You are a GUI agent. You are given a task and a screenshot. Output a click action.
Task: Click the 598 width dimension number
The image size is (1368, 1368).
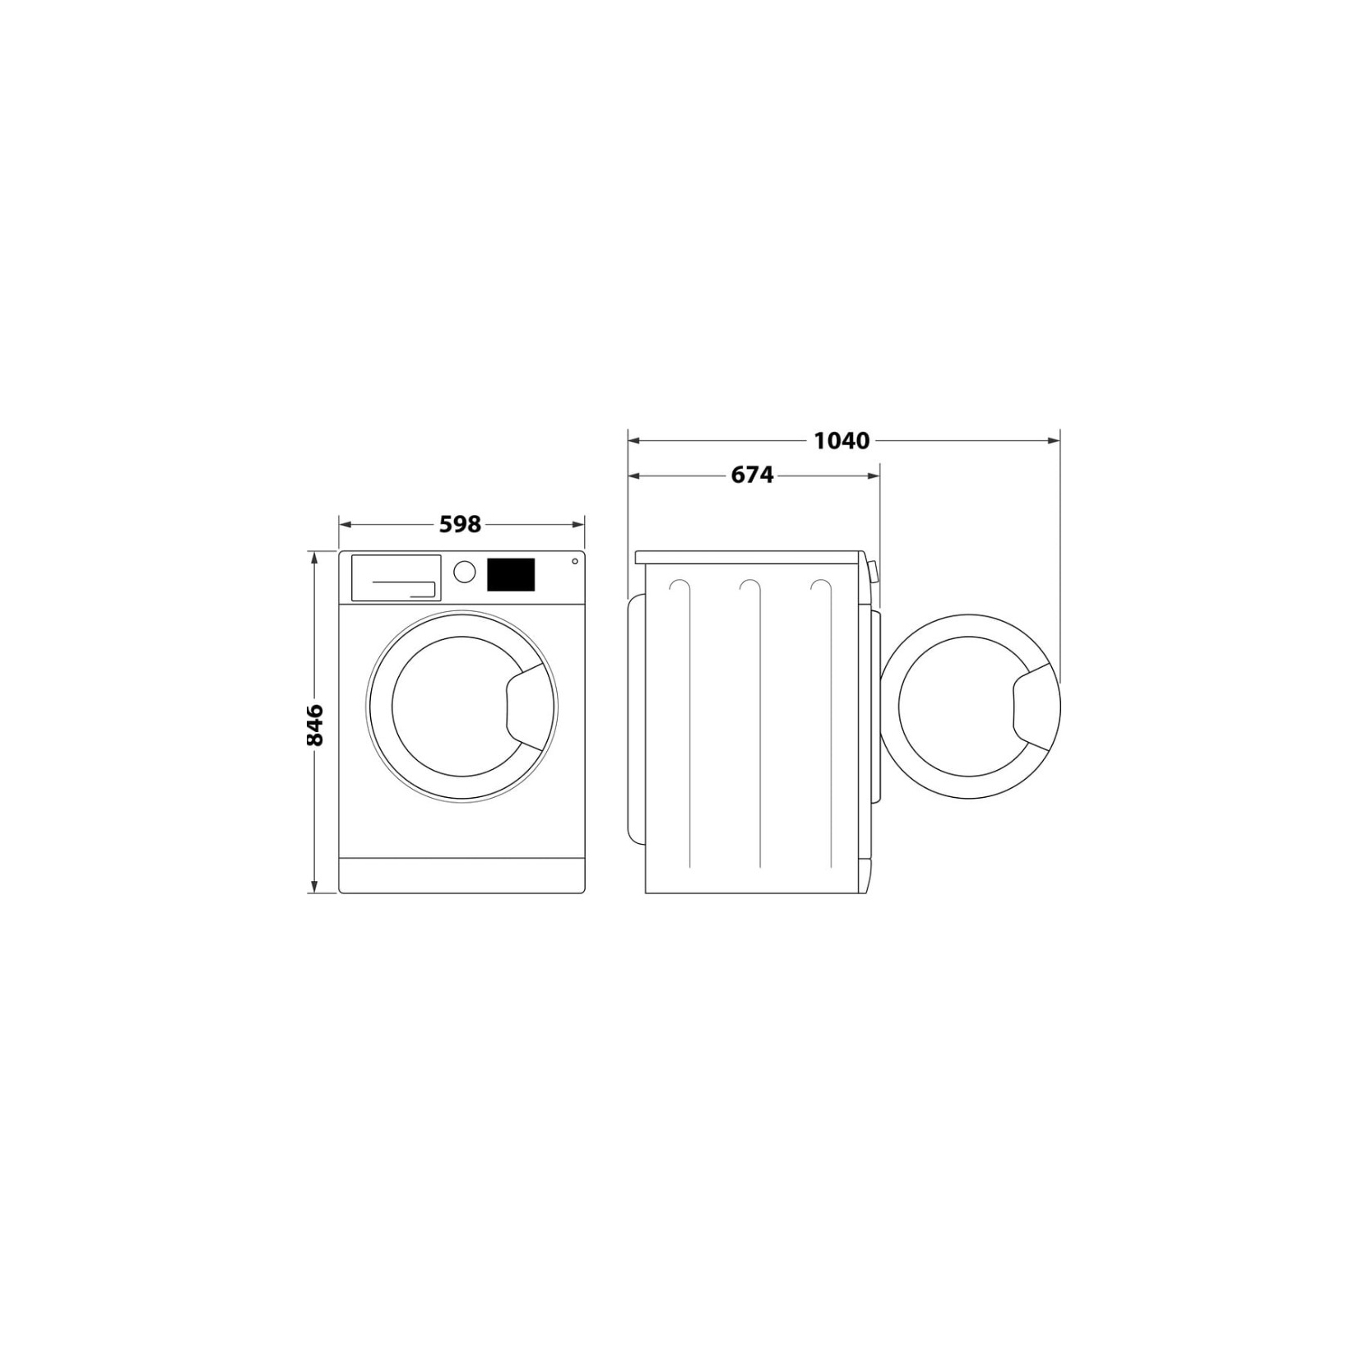(460, 524)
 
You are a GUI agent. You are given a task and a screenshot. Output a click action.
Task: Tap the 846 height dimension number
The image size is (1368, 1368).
(314, 724)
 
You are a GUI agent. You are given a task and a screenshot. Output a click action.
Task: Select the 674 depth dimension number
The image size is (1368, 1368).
(752, 475)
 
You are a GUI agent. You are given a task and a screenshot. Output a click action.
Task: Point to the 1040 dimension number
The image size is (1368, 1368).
(842, 441)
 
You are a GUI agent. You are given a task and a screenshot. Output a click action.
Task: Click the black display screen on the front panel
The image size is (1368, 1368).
(511, 574)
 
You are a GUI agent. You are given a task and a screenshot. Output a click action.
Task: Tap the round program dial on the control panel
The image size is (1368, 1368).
(465, 572)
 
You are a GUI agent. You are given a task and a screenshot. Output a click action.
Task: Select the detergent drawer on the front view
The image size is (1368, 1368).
(396, 577)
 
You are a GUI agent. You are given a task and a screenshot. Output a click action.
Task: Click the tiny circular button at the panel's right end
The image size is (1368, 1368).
(573, 562)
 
